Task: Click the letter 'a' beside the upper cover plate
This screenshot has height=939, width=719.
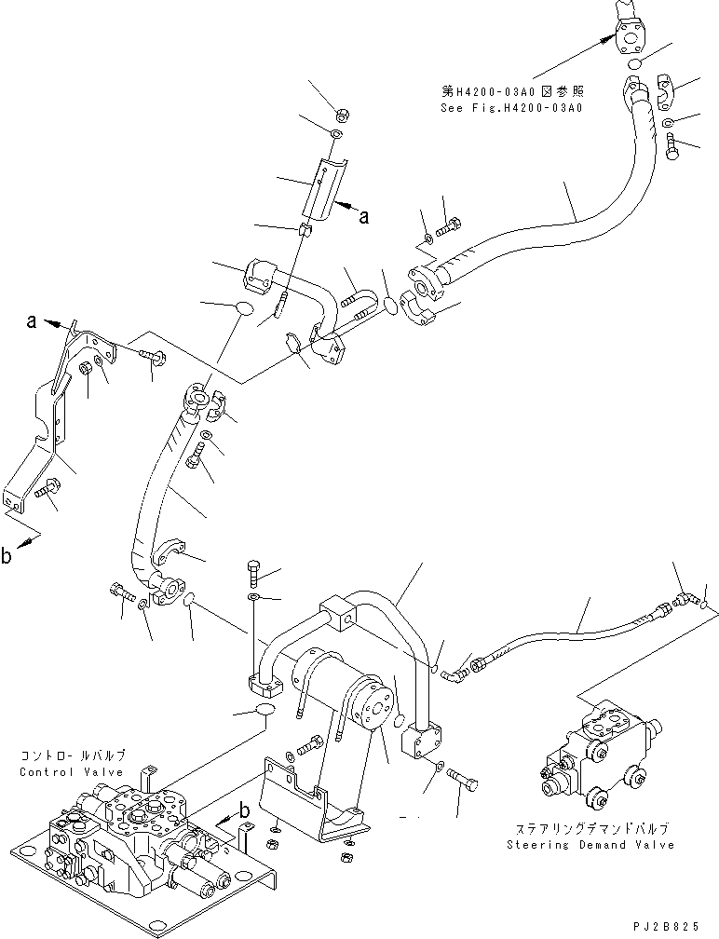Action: [x=364, y=217]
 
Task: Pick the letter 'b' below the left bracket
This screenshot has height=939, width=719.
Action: [x=7, y=557]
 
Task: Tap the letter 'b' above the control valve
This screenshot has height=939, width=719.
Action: [x=244, y=810]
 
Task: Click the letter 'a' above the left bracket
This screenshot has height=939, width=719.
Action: [x=33, y=321]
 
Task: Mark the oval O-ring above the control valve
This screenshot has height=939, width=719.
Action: [x=261, y=713]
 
